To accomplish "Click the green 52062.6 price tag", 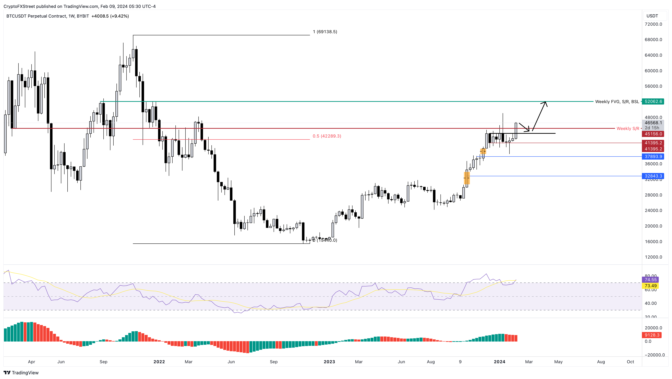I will tap(653, 101).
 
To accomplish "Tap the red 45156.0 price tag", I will tap(653, 134).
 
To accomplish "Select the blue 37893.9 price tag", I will tap(653, 157).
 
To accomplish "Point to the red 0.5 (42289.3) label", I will tap(327, 136).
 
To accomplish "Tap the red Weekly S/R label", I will tap(628, 128).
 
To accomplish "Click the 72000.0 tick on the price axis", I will tap(653, 24).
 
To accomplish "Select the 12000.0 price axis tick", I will tap(653, 257).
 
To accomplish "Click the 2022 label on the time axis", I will tap(159, 362).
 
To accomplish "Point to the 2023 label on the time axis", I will tap(329, 362).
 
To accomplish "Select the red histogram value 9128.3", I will tap(652, 335).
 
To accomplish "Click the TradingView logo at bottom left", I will tap(21, 373).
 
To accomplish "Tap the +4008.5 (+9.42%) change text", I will tap(110, 16).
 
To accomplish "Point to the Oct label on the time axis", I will tap(630, 362).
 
